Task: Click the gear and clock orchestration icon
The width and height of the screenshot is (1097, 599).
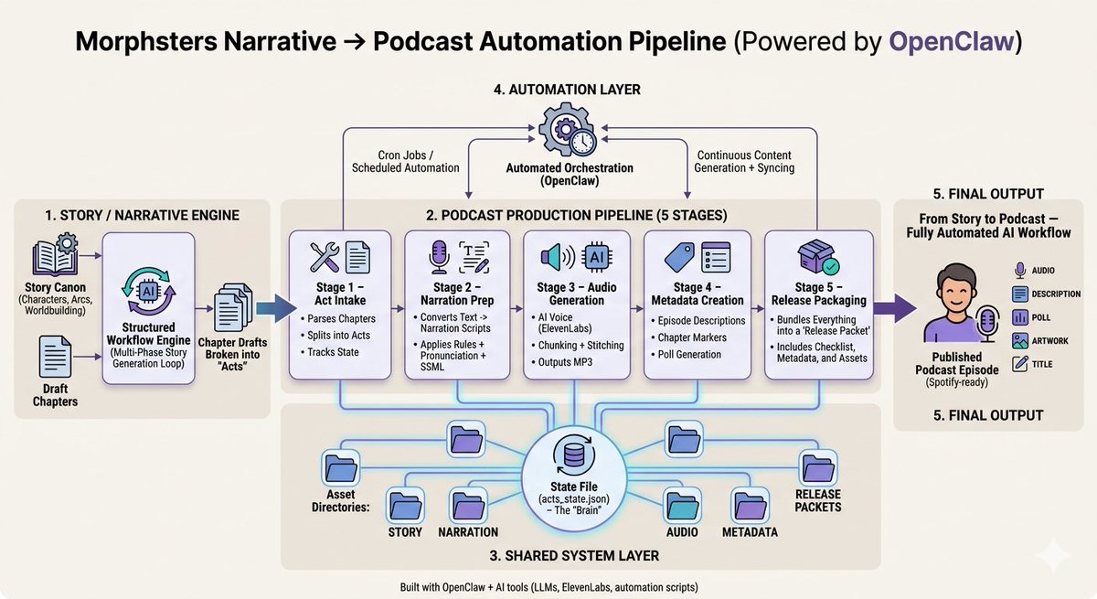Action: pyautogui.click(x=566, y=131)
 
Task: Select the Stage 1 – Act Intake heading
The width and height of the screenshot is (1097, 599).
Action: pyautogui.click(x=345, y=294)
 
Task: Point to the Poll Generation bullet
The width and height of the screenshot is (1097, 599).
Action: pyautogui.click(x=688, y=354)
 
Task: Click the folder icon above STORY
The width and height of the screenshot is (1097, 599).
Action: pyautogui.click(x=406, y=504)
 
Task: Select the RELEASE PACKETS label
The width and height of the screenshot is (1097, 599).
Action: pyautogui.click(x=817, y=500)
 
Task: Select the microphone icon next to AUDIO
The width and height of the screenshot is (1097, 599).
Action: pyautogui.click(x=1021, y=270)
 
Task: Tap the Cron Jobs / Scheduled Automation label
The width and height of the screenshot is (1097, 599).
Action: pyautogui.click(x=406, y=161)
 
